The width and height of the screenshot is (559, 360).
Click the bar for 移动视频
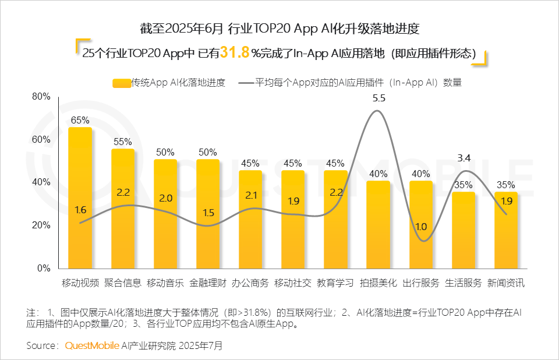pos(80,198)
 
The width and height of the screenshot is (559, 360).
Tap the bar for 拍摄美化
pos(378,225)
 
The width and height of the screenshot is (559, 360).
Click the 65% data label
pos(80,121)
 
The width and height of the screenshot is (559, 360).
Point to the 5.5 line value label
pos(379,98)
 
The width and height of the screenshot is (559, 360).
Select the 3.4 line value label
pos(464,157)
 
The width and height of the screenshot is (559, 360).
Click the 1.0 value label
pos(421,227)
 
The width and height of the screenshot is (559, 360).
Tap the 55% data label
pos(123,142)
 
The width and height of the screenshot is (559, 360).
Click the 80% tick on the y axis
pos(41,97)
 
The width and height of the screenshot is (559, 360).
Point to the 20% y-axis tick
pos(41,225)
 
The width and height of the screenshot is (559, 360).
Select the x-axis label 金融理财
pos(208,283)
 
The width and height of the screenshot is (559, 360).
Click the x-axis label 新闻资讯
pos(506,283)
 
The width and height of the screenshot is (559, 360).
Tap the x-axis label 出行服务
pos(421,283)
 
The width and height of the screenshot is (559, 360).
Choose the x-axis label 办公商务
pos(250,283)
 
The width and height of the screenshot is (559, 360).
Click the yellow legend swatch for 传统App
pos(121,83)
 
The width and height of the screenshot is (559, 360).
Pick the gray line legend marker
pos(246,83)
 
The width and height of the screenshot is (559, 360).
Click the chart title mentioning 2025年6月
pos(279,28)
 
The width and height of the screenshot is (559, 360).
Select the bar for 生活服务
pos(464,230)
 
